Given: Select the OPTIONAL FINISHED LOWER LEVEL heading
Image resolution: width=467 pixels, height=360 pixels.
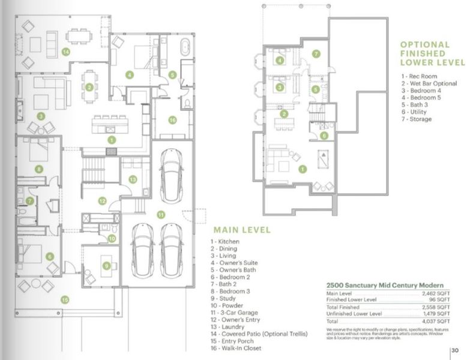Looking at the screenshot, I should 432,53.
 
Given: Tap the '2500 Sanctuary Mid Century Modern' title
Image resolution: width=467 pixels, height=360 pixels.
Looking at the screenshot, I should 384,284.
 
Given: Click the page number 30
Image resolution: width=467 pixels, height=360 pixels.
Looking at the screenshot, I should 456,350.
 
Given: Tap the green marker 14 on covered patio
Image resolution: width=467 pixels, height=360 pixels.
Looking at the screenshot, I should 65,52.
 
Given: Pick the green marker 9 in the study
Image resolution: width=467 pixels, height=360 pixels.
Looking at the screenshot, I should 106,265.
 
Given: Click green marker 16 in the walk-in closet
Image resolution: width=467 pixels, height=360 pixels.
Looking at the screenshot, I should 172,120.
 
